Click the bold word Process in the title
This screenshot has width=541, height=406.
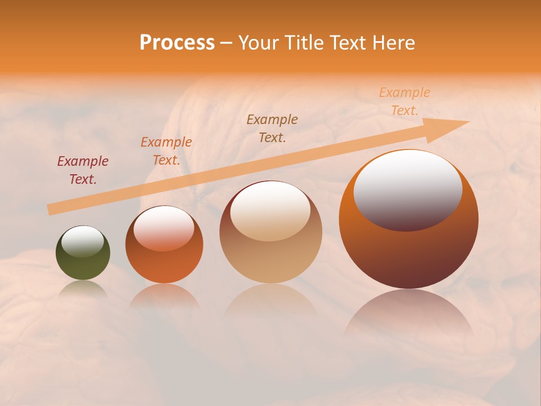(x=177, y=43)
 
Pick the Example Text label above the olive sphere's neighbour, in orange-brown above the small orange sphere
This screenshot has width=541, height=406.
(x=166, y=151)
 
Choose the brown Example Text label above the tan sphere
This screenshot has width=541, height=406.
(x=272, y=128)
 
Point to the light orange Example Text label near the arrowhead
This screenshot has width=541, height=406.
(x=405, y=101)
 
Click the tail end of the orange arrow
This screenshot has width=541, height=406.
(x=51, y=210)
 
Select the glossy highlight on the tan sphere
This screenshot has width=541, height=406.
(x=270, y=211)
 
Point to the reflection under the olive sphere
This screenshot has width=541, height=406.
(x=83, y=289)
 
